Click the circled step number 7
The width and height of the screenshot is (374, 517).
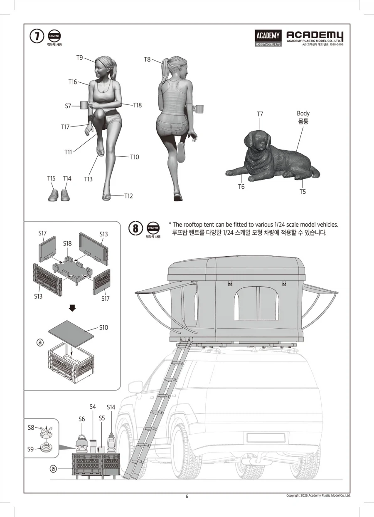[37, 37]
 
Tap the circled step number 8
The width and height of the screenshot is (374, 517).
[135, 228]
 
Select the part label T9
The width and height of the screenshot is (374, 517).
[79, 58]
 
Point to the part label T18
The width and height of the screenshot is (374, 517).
[138, 105]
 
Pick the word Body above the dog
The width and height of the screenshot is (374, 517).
[303, 113]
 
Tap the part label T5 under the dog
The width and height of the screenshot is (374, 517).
[303, 192]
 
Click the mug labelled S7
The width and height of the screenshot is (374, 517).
[84, 105]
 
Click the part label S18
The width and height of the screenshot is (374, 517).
[67, 243]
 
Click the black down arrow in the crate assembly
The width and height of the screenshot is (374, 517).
[72, 308]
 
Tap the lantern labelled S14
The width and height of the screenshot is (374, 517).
[111, 443]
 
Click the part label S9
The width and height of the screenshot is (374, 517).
[30, 449]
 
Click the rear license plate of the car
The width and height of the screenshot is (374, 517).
[266, 438]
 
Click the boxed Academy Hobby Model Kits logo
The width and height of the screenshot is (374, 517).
[268, 38]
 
